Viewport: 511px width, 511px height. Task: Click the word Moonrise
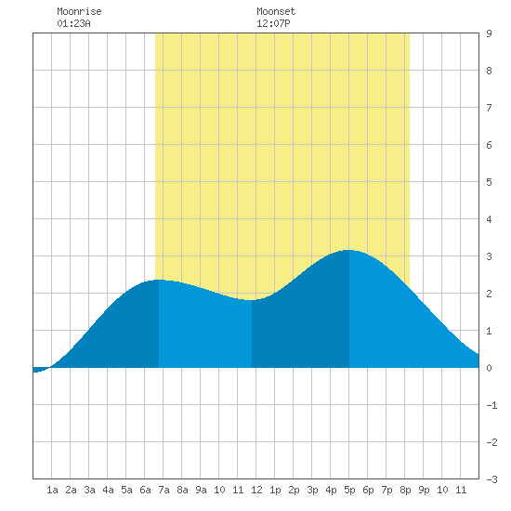(x=79, y=11)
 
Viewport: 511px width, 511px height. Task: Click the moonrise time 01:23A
(x=73, y=23)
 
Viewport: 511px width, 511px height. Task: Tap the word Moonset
(x=276, y=11)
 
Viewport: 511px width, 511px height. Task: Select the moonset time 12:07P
(x=273, y=23)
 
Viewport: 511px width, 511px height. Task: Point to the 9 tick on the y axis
(x=489, y=33)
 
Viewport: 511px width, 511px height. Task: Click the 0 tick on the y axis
(x=489, y=368)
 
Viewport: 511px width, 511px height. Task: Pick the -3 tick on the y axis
(x=491, y=479)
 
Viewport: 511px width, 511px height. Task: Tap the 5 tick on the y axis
(x=489, y=182)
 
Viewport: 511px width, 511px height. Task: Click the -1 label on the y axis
(x=491, y=405)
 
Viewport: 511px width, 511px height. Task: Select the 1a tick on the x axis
(x=52, y=490)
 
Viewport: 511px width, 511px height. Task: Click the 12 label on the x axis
(x=256, y=490)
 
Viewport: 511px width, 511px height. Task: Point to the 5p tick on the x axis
(x=349, y=490)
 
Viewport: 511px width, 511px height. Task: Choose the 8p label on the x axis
(x=405, y=490)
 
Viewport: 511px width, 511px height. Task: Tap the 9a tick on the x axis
(x=201, y=490)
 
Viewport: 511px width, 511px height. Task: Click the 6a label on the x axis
(x=145, y=490)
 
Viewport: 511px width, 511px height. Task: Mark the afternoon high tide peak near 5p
(x=348, y=250)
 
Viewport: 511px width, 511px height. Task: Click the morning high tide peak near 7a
(x=159, y=280)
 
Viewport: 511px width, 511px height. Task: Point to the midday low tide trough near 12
(x=252, y=300)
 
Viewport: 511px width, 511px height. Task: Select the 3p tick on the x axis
(x=312, y=490)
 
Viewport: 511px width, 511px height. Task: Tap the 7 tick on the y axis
(x=489, y=108)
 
